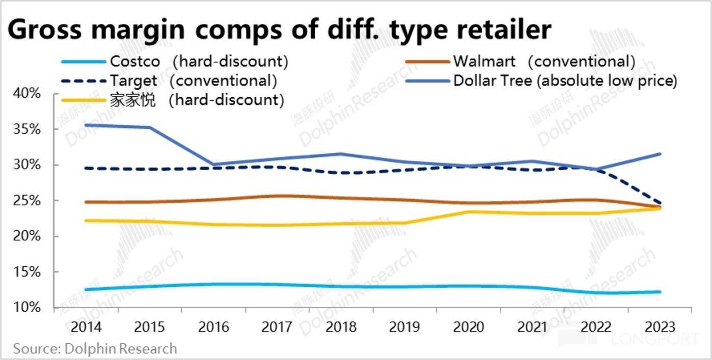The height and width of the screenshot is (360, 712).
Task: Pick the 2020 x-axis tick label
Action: (469, 327)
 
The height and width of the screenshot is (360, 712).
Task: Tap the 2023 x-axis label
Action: (660, 327)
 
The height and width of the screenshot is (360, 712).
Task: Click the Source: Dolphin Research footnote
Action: (95, 349)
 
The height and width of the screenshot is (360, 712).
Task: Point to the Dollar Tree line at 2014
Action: (86, 125)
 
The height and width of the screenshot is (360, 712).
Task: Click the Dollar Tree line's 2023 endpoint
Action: (660, 154)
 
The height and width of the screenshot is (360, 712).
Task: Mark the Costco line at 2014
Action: (86, 289)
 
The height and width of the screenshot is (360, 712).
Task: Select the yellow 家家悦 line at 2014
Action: (86, 220)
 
